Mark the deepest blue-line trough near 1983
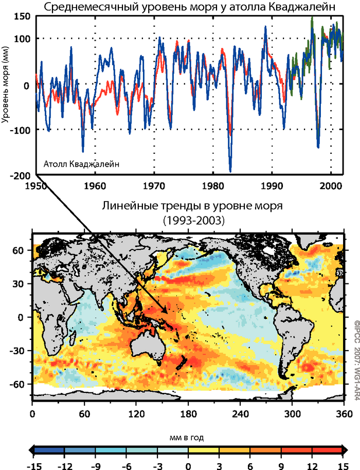coord(230,171)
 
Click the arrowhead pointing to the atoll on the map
coord(167,311)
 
